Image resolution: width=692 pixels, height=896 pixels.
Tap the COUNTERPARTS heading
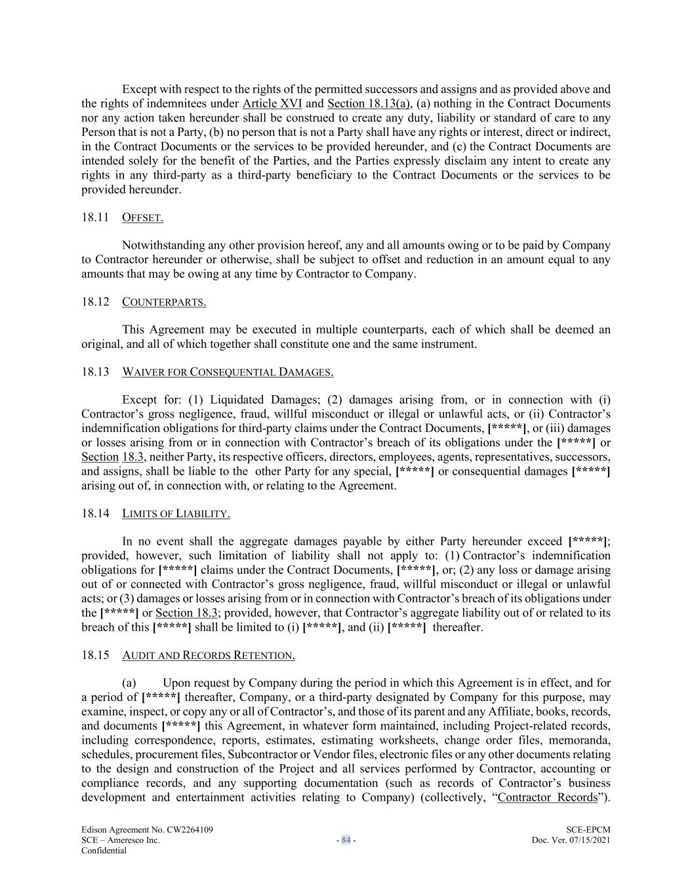[x=164, y=302]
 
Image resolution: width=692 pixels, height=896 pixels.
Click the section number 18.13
[x=94, y=372]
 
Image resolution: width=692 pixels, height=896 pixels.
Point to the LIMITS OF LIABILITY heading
[x=176, y=513]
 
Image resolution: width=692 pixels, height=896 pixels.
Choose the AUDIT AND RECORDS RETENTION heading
[x=208, y=655]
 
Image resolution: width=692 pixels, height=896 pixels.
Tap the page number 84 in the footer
[x=346, y=840]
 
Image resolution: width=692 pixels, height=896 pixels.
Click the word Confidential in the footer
[x=104, y=851]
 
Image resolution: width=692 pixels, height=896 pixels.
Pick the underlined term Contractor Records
[x=548, y=798]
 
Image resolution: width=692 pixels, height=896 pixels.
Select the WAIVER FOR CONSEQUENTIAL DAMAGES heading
[x=228, y=372]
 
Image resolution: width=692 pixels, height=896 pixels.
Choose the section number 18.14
[x=94, y=513]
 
